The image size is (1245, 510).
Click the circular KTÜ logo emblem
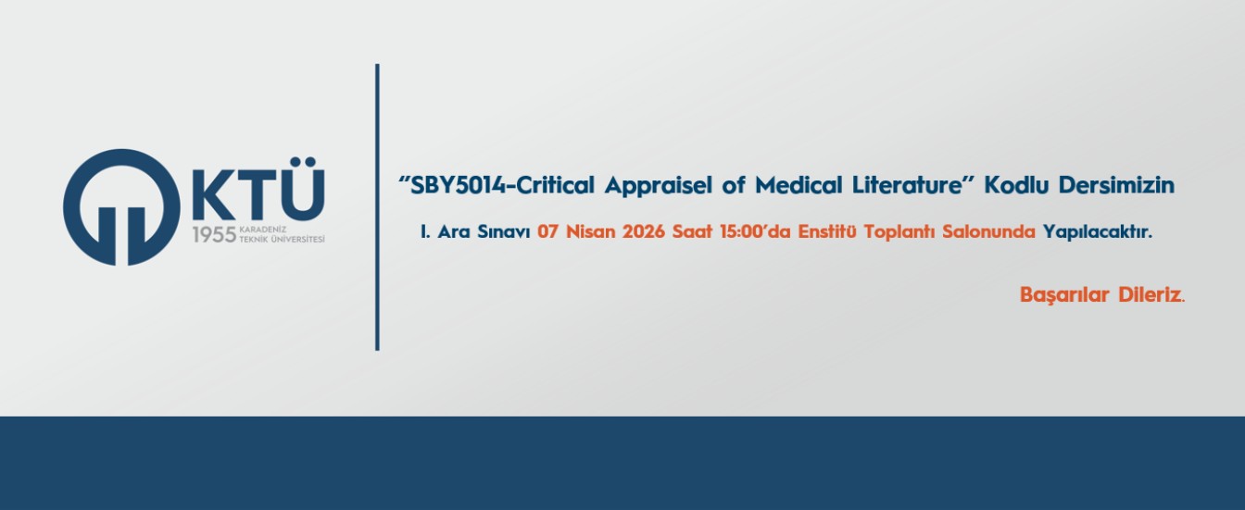tap(120, 206)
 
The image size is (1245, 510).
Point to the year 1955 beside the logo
tap(214, 235)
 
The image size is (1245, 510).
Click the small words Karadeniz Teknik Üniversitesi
tap(282, 235)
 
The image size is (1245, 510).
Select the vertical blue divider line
tap(377, 207)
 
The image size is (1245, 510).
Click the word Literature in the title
tap(907, 185)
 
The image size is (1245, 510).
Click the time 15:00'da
tap(749, 233)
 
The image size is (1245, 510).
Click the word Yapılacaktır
tap(1097, 233)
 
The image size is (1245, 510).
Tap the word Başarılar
tap(1059, 295)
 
